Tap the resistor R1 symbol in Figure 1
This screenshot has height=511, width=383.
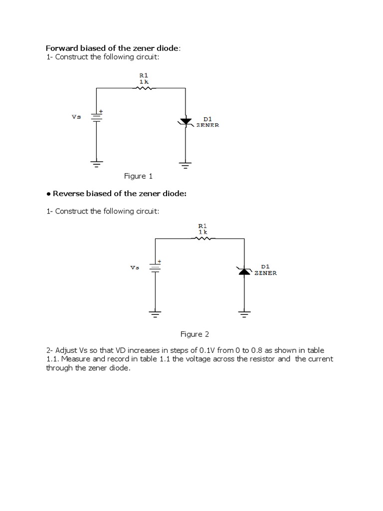143,88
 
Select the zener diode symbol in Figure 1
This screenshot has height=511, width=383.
186,121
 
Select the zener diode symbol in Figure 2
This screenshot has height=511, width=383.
244,270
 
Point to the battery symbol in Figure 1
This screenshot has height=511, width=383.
96,117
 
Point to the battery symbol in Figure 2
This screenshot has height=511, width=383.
155,267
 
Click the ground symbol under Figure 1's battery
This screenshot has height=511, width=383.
96,164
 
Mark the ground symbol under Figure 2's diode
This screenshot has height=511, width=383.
244,314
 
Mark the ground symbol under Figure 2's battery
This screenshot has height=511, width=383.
155,314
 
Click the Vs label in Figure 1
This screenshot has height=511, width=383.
76,117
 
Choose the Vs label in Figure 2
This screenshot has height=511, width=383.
135,267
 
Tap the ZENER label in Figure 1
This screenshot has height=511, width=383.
207,125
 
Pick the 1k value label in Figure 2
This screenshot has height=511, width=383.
202,232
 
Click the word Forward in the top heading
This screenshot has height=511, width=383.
60,48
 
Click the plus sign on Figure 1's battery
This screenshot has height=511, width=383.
101,111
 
